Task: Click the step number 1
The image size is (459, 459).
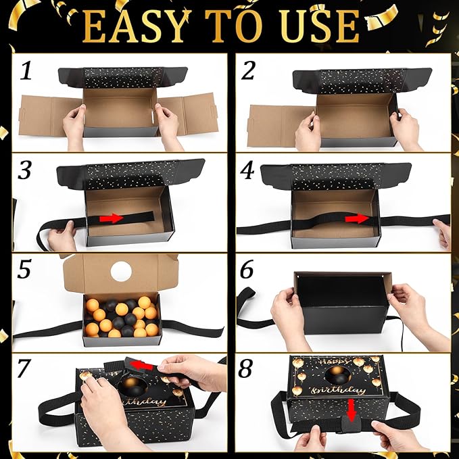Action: click(x=26, y=71)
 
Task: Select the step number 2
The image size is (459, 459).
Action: click(x=248, y=70)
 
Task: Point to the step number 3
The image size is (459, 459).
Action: click(x=24, y=170)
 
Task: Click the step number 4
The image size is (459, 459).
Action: click(x=247, y=170)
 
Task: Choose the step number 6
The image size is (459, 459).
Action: click(x=247, y=269)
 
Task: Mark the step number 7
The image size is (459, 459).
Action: click(x=24, y=368)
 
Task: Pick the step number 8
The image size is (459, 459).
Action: click(x=245, y=368)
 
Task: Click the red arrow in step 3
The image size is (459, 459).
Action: click(x=112, y=218)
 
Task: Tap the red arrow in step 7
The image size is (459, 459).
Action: click(x=142, y=365)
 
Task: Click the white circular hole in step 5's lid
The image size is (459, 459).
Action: click(x=122, y=271)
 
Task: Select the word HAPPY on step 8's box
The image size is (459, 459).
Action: click(x=336, y=362)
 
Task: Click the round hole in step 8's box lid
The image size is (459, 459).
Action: click(x=338, y=374)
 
